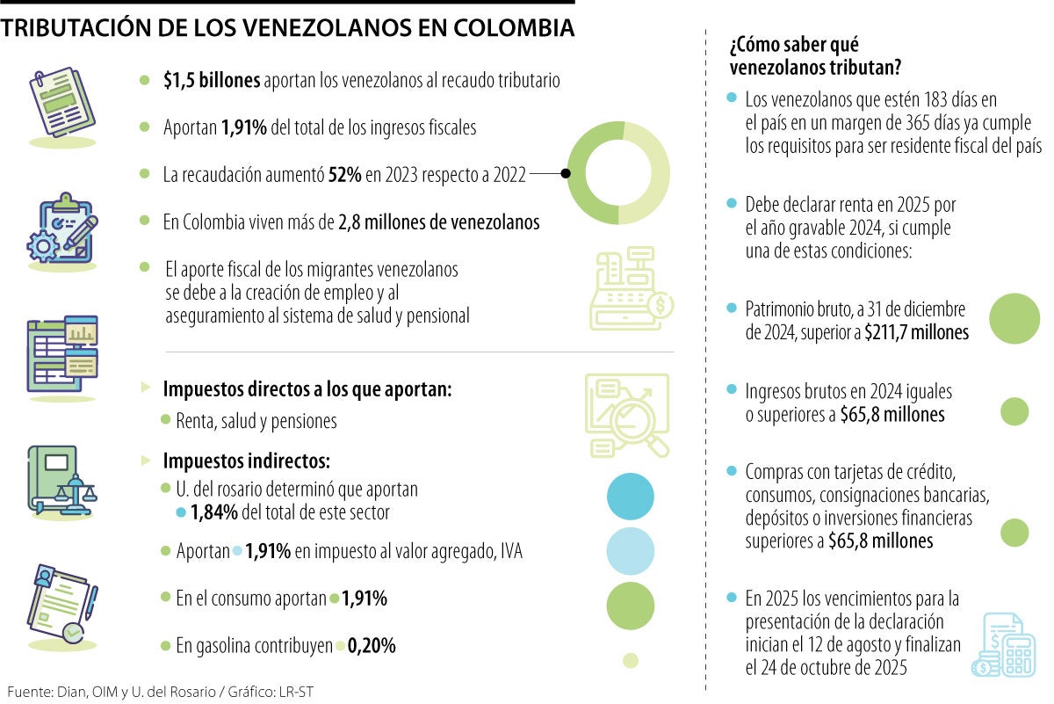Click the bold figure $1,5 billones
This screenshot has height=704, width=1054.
point(211,81)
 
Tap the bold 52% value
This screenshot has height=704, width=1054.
point(343,175)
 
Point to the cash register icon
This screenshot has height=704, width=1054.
point(632,291)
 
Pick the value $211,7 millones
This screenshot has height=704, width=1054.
point(916,333)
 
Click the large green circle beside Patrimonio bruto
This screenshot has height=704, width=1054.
point(1014,318)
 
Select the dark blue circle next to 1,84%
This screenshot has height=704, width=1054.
point(631,497)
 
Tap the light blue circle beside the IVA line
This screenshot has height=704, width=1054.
point(631,551)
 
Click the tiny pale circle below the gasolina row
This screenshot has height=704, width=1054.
point(630,660)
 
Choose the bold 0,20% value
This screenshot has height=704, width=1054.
point(372,647)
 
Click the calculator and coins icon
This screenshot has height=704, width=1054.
point(1003,646)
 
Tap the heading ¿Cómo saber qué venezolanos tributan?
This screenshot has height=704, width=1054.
point(816,55)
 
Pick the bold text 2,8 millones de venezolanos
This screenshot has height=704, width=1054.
point(438,222)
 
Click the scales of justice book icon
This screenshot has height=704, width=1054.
point(63,479)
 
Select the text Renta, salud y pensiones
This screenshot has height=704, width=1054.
point(256,421)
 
